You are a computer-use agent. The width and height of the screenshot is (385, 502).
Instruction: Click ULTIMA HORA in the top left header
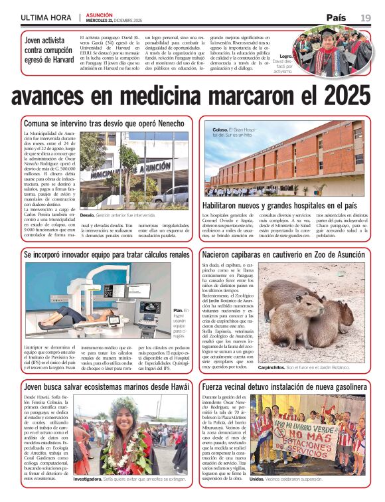tap(45, 17)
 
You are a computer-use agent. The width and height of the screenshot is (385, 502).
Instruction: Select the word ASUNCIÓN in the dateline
tap(99, 14)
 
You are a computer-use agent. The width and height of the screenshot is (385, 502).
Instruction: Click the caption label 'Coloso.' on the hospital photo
tap(220, 129)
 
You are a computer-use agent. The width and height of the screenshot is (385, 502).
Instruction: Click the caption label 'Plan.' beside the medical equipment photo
tap(178, 310)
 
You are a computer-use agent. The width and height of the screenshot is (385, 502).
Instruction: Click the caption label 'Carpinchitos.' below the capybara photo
tap(273, 367)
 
